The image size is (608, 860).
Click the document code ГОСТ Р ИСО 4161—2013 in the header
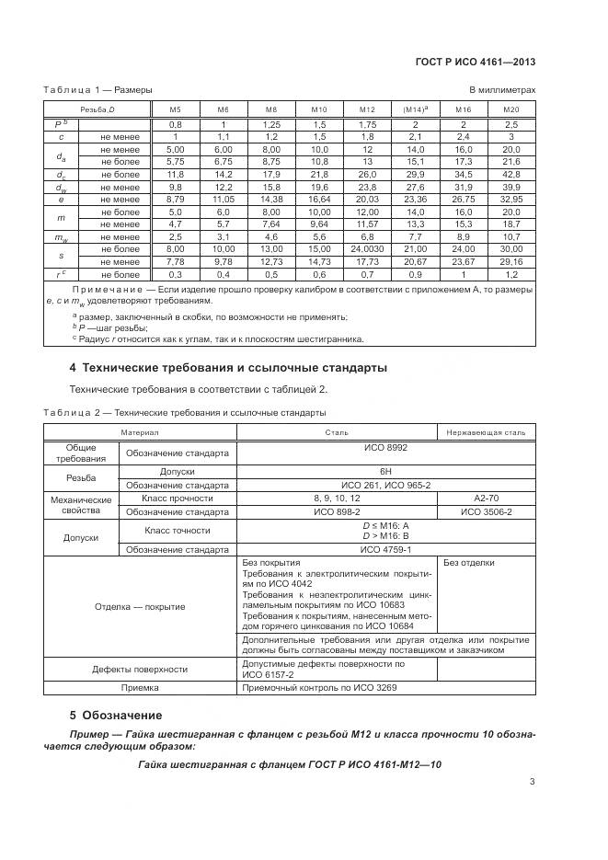[477, 63]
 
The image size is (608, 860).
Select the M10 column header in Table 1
[318, 109]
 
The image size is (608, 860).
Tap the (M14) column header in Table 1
[416, 109]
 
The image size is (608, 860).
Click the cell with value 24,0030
[367, 249]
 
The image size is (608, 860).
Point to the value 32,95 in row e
[511, 198]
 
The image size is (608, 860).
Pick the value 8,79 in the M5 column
[175, 198]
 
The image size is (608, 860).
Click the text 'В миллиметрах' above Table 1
[502, 90]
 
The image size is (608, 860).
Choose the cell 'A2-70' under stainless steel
[486, 498]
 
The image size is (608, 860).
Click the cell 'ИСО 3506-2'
[486, 511]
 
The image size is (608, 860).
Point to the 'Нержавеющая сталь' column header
[486, 431]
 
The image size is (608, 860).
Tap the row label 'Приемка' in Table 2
[140, 687]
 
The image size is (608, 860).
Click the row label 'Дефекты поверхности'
[140, 669]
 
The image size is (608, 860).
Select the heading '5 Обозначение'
[116, 715]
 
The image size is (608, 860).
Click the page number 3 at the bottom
[532, 782]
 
